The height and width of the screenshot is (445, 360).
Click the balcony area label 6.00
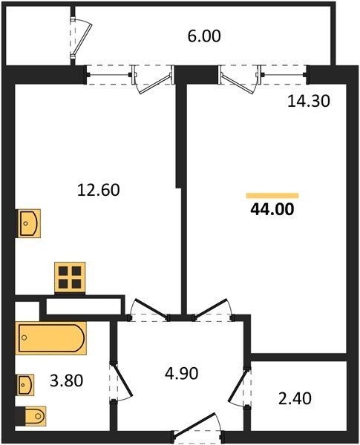pyautogui.click(x=205, y=36)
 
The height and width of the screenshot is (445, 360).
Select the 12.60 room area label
pyautogui.click(x=99, y=190)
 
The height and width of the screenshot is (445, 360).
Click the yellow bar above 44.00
pyautogui.click(x=272, y=195)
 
